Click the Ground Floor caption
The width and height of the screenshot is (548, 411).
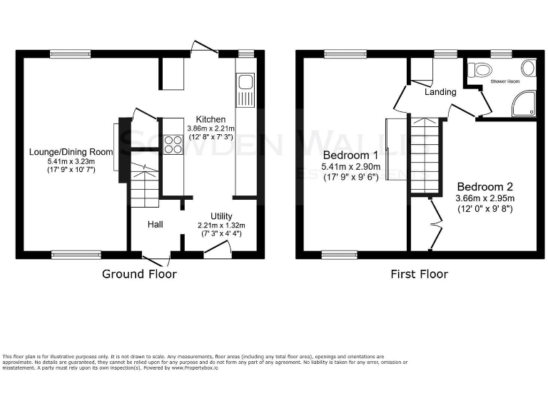point(139,274)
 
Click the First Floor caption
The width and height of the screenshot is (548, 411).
point(419,274)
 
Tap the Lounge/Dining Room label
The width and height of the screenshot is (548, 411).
point(71,151)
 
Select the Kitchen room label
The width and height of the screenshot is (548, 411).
point(211,119)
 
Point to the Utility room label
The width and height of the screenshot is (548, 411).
point(221,216)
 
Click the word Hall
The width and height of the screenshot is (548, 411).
point(156,224)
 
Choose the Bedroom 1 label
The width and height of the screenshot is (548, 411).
point(350,155)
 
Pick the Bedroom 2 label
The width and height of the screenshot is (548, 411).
point(485,186)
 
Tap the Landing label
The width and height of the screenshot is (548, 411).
point(440,92)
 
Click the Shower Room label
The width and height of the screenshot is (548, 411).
point(504,82)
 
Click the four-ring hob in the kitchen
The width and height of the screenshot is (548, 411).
point(173,144)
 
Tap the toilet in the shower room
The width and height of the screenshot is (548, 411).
point(482,70)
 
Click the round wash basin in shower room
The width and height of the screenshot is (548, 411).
point(529,69)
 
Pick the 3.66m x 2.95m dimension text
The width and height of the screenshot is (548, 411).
point(485,198)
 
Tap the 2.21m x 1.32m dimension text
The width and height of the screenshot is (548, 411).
point(222,225)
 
